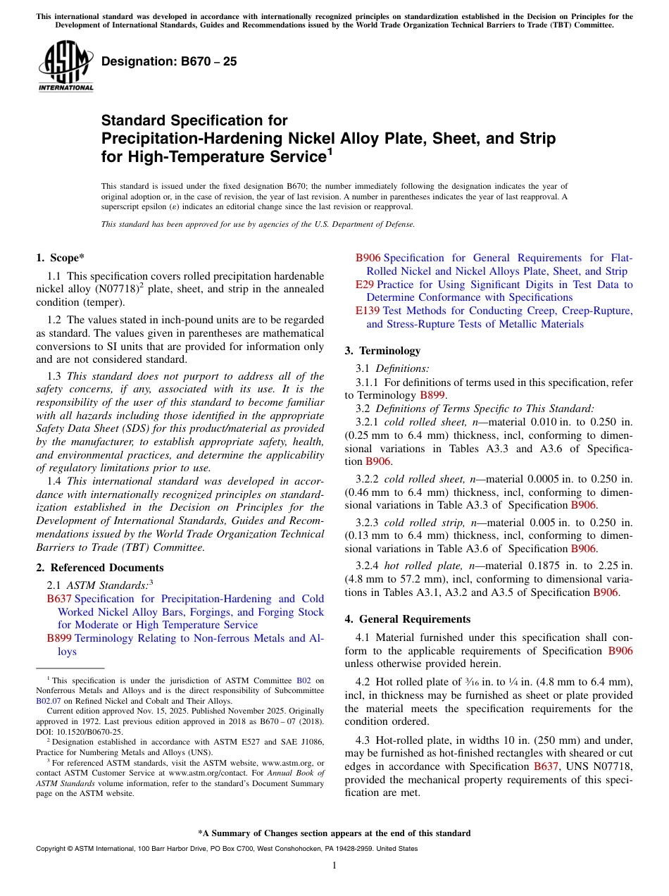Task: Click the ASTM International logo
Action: pos(65,66)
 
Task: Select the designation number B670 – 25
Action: pos(169,62)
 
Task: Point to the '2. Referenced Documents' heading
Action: pos(99,568)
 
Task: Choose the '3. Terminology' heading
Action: pos(382,351)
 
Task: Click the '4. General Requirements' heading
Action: pos(407,619)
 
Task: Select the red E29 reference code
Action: pos(364,285)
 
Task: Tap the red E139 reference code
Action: pos(368,311)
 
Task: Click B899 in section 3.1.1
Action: pos(432,395)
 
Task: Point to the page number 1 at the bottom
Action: pos(334,865)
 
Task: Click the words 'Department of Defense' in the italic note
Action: pos(373,224)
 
